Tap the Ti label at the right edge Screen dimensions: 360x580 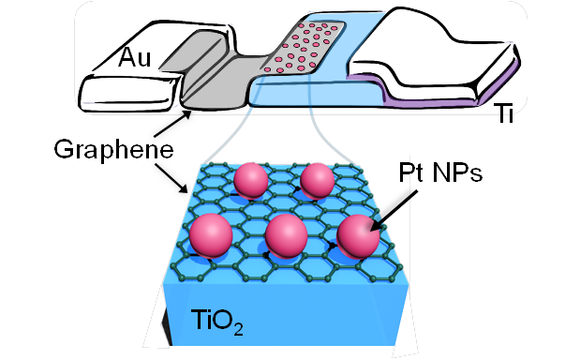(x=504, y=113)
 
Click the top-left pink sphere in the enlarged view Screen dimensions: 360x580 (x=250, y=180)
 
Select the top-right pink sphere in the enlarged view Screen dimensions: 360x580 (x=318, y=179)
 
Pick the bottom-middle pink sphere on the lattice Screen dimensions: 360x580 (x=288, y=234)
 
